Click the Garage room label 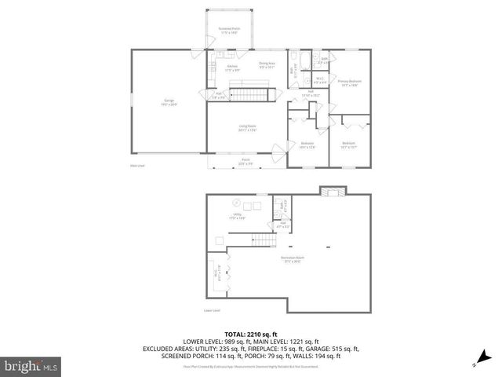(x=169, y=101)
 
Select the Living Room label (x=248, y=127)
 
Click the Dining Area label (x=265, y=65)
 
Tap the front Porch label (x=246, y=161)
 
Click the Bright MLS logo (x=31, y=365)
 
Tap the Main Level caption (x=137, y=166)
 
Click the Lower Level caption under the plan (x=213, y=310)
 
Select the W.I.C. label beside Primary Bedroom (x=320, y=78)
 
